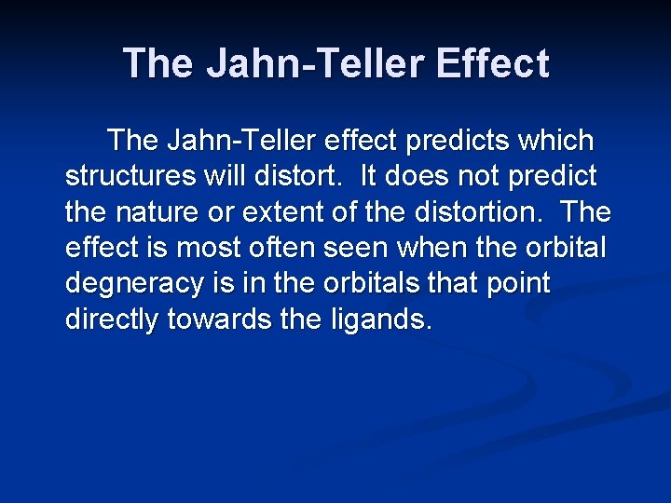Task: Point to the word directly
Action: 112,319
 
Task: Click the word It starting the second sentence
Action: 370,177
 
